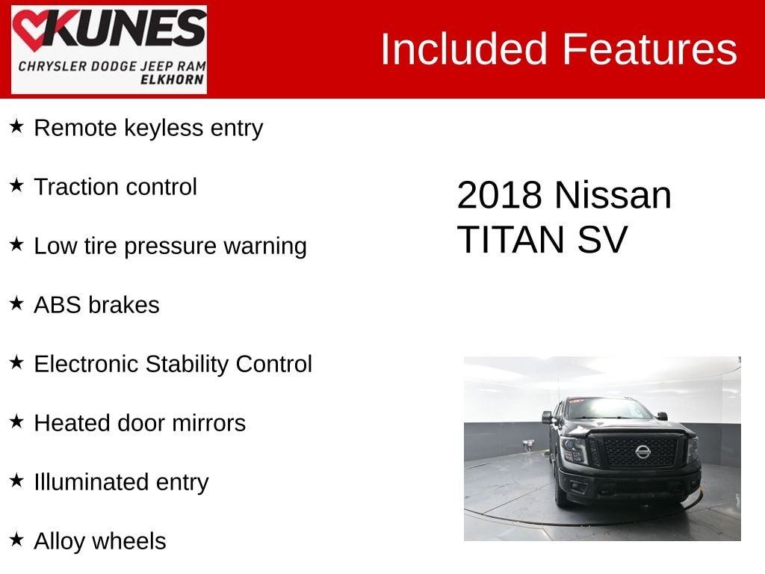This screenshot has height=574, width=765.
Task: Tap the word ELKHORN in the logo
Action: pyautogui.click(x=173, y=79)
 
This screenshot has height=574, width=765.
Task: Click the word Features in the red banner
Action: pyautogui.click(x=650, y=49)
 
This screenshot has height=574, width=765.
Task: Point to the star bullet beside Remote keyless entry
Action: pyautogui.click(x=16, y=126)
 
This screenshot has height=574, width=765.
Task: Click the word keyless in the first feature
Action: pyautogui.click(x=164, y=129)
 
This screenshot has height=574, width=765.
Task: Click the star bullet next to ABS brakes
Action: pyautogui.click(x=16, y=303)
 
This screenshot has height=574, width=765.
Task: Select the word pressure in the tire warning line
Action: pyautogui.click(x=170, y=247)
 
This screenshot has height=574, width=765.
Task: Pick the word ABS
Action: pyautogui.click(x=58, y=305)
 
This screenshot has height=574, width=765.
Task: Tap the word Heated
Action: pyautogui.click(x=72, y=423)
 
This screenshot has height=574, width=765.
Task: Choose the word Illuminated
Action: pyautogui.click(x=91, y=482)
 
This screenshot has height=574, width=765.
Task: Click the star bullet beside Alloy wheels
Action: pyautogui.click(x=16, y=540)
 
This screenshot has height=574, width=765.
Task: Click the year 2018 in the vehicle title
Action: pyautogui.click(x=500, y=195)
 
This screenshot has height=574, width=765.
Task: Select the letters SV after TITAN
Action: pyautogui.click(x=603, y=240)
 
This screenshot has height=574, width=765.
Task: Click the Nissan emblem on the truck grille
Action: pyautogui.click(x=642, y=451)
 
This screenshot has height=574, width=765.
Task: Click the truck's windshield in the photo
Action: pyautogui.click(x=606, y=409)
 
